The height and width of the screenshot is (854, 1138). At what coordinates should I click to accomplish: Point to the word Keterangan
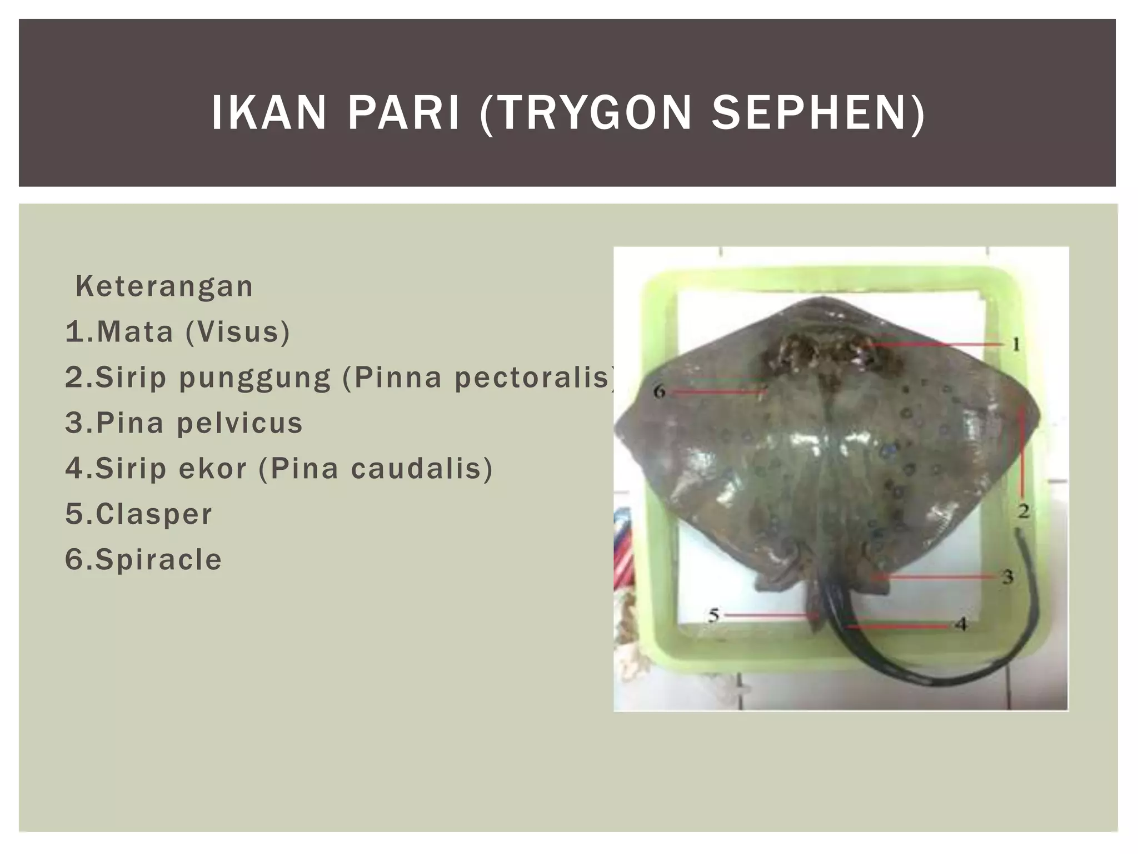point(164,287)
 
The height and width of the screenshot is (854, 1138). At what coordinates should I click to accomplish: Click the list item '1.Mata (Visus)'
point(178,332)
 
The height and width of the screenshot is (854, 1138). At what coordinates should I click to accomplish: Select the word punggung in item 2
point(254,378)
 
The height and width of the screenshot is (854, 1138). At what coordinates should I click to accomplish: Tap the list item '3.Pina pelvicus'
point(184,423)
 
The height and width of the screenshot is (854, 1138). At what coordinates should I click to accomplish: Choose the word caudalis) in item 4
point(422,468)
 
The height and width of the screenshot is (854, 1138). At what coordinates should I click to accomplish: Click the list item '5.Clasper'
point(139,514)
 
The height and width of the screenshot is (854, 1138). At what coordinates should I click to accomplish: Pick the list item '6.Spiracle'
point(143,559)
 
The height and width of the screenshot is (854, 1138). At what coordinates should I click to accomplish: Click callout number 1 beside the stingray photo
point(1016,345)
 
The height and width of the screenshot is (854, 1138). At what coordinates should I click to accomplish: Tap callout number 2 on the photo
point(1024,510)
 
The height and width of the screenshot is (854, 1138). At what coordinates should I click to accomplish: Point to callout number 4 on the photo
point(962,624)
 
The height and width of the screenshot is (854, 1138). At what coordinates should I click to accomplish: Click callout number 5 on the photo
point(714,615)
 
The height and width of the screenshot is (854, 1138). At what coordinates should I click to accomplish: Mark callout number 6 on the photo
point(660,392)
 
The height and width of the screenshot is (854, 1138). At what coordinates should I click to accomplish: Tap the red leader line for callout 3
point(939,578)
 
